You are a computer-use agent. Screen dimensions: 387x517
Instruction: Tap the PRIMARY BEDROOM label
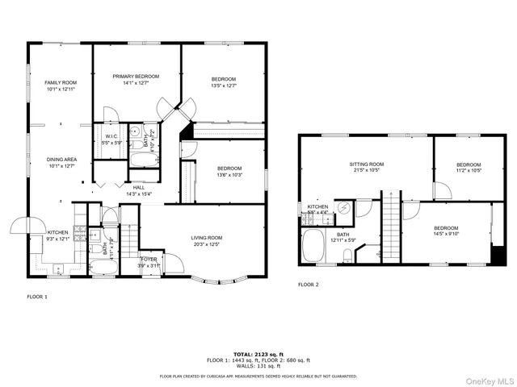136,77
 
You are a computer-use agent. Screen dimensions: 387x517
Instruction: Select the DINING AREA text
62,160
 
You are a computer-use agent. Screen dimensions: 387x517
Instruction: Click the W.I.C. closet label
112,136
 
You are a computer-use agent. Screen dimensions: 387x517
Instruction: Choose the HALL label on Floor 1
139,188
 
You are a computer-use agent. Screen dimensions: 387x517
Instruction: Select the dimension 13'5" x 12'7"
224,85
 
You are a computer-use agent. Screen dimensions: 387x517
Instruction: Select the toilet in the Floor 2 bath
347,256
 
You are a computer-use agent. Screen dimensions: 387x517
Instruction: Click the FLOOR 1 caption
37,298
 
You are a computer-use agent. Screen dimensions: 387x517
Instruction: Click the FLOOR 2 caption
308,285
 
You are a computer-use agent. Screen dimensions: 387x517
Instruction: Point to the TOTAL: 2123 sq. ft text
258,354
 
